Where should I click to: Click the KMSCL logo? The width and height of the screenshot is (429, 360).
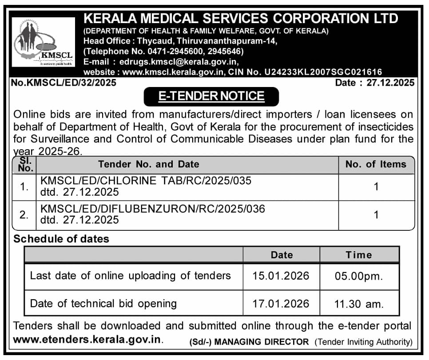pyautogui.click(x=43, y=42)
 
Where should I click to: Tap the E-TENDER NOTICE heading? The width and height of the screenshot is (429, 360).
pyautogui.click(x=211, y=96)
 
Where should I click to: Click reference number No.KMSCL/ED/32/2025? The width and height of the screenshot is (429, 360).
pyautogui.click(x=64, y=83)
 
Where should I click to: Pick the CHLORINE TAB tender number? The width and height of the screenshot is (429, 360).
pyautogui.click(x=146, y=181)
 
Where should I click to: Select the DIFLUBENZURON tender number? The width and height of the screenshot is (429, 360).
pyautogui.click(x=152, y=209)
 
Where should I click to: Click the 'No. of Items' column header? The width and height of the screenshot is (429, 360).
pyautogui.click(x=376, y=164)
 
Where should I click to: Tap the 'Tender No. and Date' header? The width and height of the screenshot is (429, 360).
pyautogui.click(x=149, y=164)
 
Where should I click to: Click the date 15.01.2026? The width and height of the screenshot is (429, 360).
pyautogui.click(x=281, y=276)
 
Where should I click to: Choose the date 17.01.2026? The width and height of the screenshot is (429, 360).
pyautogui.click(x=281, y=304)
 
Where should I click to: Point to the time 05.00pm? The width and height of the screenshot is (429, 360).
pyautogui.click(x=359, y=276)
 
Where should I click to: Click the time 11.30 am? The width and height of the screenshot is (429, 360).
pyautogui.click(x=359, y=304)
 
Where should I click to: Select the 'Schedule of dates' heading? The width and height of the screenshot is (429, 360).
pyautogui.click(x=61, y=239)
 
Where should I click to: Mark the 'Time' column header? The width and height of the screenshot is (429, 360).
pyautogui.click(x=359, y=255)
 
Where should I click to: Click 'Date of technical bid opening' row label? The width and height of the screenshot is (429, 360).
pyautogui.click(x=103, y=304)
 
